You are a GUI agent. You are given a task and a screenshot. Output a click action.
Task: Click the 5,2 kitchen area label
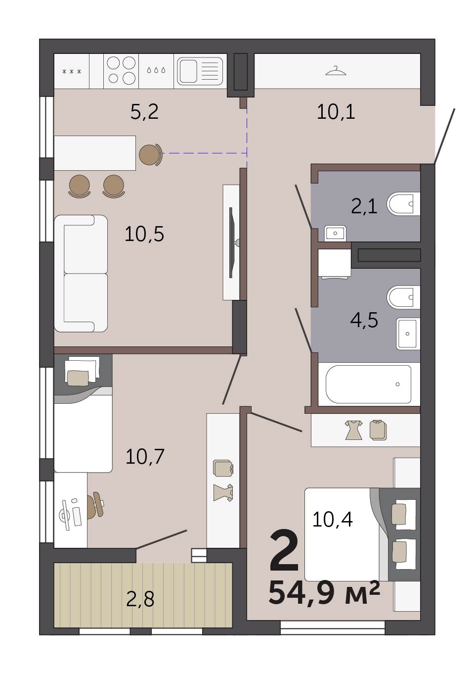click(x=144, y=112)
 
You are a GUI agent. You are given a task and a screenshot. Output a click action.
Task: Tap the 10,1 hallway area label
click(x=336, y=112)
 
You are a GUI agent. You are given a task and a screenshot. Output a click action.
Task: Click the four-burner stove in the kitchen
click(x=121, y=71)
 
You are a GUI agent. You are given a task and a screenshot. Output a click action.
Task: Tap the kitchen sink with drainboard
click(x=200, y=71)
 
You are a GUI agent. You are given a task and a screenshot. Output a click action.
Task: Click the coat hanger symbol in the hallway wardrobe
click(x=336, y=71)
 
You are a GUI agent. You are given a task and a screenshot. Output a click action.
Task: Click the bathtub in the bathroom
click(x=369, y=384)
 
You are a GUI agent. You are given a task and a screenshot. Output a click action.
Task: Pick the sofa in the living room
click(x=81, y=274)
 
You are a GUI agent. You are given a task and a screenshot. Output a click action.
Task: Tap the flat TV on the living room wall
click(x=231, y=242)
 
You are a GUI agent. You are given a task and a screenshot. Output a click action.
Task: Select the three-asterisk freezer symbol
click(x=72, y=72)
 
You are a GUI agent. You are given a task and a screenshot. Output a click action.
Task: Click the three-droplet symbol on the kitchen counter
click(x=156, y=70)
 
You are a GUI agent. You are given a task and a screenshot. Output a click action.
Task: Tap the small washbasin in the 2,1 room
click(x=335, y=233)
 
